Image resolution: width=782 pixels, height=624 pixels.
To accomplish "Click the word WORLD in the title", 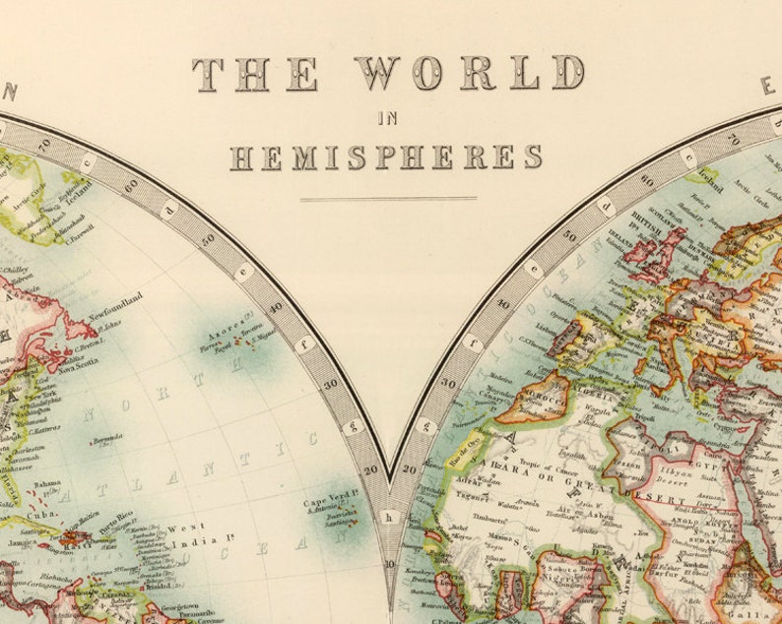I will (x=469, y=73).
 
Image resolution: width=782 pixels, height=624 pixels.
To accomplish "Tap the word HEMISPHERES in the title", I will (x=386, y=156).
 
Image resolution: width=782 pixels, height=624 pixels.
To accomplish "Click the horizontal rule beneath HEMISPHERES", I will (x=388, y=199).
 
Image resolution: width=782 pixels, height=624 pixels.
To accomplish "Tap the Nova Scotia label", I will (x=79, y=370).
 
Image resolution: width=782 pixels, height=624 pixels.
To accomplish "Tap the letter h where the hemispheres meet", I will (x=390, y=517).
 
